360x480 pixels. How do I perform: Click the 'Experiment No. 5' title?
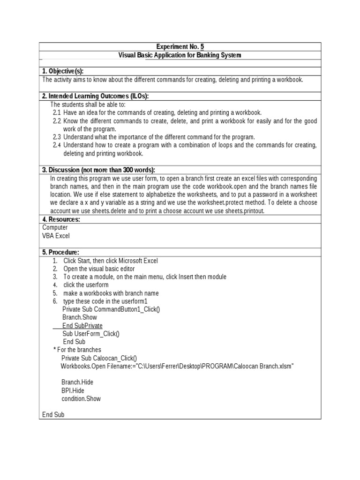(x=180, y=47)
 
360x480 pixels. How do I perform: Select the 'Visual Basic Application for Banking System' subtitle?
(x=180, y=55)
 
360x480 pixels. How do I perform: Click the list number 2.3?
(x=57, y=137)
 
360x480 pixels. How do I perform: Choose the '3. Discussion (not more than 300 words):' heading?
(x=98, y=170)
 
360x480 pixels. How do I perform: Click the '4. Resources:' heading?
(x=61, y=219)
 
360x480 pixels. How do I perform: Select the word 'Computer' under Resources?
(x=55, y=227)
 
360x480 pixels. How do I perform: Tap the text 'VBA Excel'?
(x=56, y=236)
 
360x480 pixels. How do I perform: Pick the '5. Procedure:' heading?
(x=60, y=252)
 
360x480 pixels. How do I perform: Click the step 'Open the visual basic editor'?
(x=99, y=269)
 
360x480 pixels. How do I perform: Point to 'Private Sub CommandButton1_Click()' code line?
(x=111, y=309)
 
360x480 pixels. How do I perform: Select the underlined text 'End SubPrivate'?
(x=82, y=326)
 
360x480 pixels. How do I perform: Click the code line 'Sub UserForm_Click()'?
(x=91, y=334)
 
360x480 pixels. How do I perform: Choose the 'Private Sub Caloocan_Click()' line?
(x=99, y=358)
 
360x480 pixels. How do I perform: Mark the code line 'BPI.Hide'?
(x=73, y=390)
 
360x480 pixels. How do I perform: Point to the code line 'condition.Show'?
(x=81, y=398)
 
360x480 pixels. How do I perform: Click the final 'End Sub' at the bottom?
(x=53, y=415)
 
